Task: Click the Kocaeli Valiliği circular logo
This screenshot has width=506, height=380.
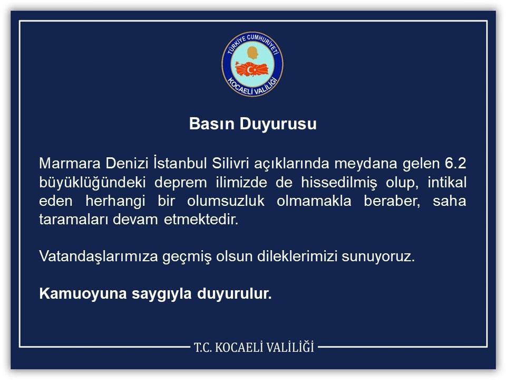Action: pos(252,64)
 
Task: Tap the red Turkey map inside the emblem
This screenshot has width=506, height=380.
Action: pos(252,69)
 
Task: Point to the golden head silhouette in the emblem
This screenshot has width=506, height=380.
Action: pos(252,53)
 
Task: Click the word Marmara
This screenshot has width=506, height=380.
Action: pos(70,164)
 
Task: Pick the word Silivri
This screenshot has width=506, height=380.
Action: pos(230,163)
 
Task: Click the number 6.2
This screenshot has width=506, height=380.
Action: pos(455,164)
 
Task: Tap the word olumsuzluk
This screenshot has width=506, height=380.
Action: pos(226,201)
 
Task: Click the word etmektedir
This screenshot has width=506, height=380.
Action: pos(201,220)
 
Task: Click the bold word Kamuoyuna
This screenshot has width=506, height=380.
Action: pos(83,294)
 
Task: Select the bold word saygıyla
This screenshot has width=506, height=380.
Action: pos(162,294)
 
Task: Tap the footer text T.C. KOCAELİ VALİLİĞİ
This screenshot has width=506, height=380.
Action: pos(254,347)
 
